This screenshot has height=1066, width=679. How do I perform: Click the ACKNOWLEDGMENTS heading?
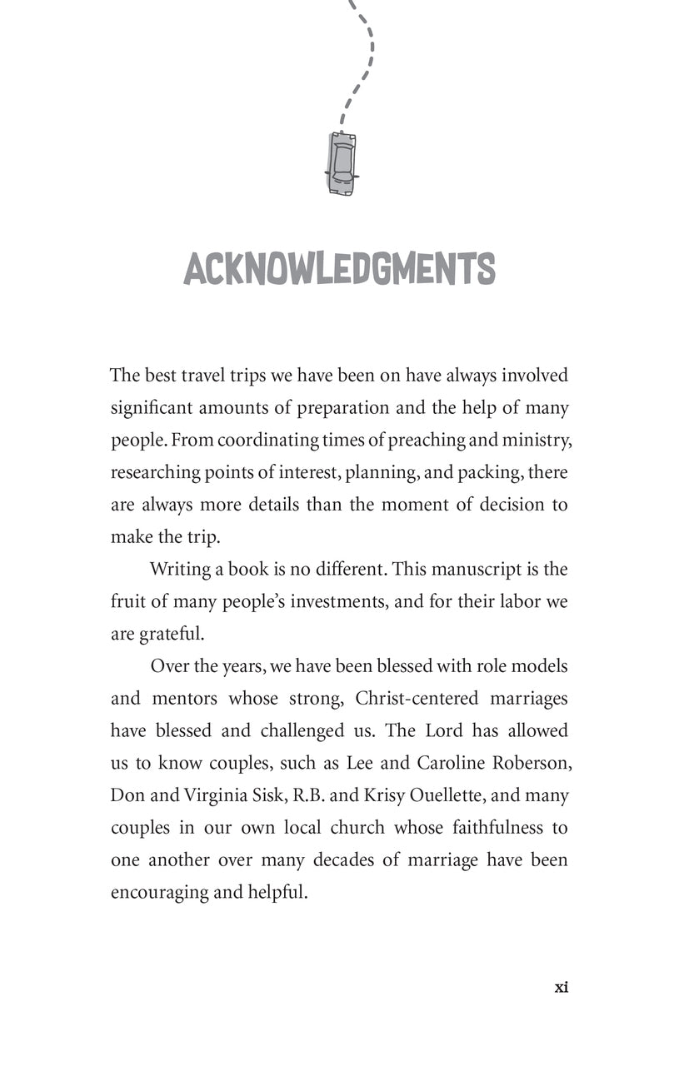(x=339, y=268)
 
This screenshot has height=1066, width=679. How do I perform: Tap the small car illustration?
(x=342, y=163)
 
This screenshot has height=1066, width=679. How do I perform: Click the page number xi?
(x=561, y=988)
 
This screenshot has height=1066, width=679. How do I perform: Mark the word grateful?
(x=170, y=634)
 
